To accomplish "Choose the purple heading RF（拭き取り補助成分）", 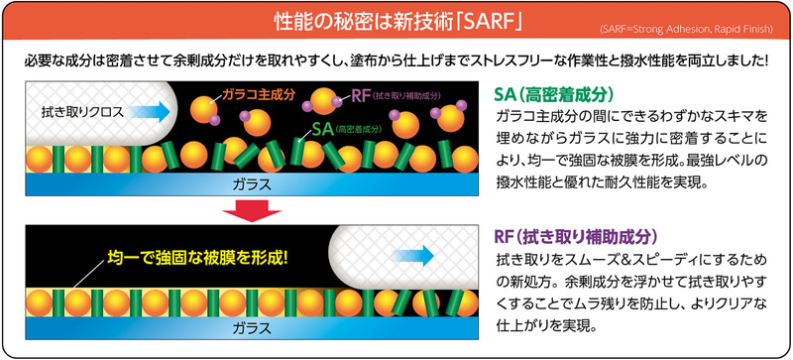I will (576, 237).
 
